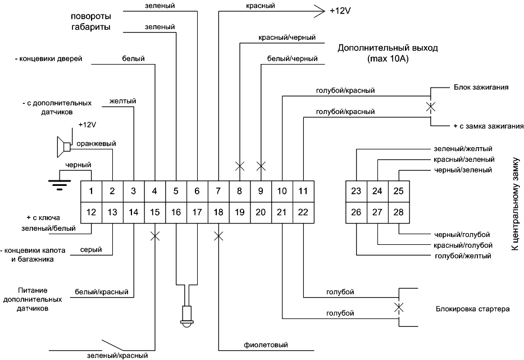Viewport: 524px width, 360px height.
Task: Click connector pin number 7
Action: point(218,191)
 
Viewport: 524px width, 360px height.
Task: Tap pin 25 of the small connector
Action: point(398,191)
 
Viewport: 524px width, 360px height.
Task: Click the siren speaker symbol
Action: point(63,147)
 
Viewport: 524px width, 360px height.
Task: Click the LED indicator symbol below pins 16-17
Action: point(186,316)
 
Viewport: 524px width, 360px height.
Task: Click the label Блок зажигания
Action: point(481,88)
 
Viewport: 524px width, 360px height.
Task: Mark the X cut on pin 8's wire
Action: point(239,166)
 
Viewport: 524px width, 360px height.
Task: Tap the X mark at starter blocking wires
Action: point(399,307)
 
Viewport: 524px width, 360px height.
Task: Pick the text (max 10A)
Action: point(387,58)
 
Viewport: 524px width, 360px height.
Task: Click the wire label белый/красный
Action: point(102,292)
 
